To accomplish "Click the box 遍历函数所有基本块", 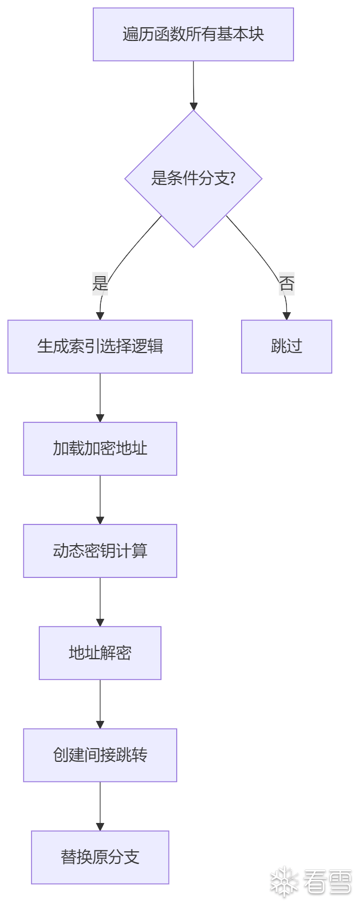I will (193, 34).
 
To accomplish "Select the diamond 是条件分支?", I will (193, 178).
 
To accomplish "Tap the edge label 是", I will (100, 283).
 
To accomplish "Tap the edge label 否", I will (286, 283).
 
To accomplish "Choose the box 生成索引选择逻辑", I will (100, 347).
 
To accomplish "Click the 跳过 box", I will (286, 347).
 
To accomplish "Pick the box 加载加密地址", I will (100, 449).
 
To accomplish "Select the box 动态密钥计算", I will (100, 551).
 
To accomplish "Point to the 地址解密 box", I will (100, 653).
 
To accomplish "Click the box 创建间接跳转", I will (100, 755).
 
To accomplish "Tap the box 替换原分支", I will (100, 857).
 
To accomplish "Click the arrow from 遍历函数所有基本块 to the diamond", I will (193, 85).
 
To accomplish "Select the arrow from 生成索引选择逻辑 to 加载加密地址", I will (100, 397).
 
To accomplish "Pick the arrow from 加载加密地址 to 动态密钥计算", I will (100, 499).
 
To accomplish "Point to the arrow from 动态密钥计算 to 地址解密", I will (100, 601).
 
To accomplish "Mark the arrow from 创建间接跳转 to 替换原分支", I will (100, 805).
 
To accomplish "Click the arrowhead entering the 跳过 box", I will (286, 316).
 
